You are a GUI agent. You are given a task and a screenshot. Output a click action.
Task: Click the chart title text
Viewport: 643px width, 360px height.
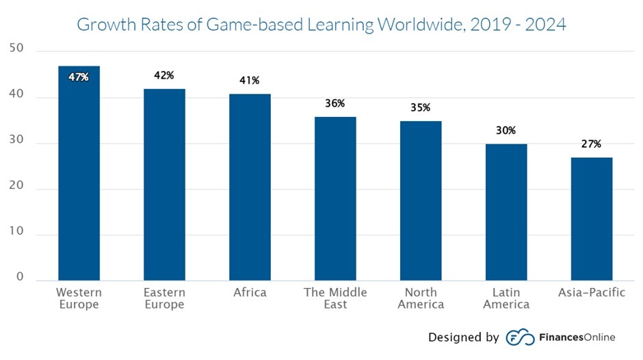pyautogui.click(x=321, y=25)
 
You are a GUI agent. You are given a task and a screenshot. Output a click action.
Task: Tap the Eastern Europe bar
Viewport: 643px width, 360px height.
pyautogui.click(x=164, y=185)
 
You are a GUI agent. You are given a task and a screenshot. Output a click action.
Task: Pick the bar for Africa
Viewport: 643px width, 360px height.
pyautogui.click(x=250, y=188)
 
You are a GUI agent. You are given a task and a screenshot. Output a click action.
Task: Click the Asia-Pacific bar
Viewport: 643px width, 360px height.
pyautogui.click(x=592, y=219)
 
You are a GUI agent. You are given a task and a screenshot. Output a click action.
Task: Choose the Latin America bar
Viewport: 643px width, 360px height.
pyautogui.click(x=506, y=212)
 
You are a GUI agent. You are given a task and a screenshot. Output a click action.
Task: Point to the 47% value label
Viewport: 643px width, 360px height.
pyautogui.click(x=79, y=77)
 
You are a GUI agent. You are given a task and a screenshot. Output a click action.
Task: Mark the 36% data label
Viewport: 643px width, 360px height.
pyautogui.click(x=335, y=104)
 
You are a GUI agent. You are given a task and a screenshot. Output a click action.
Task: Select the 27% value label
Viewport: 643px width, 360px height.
pyautogui.click(x=592, y=144)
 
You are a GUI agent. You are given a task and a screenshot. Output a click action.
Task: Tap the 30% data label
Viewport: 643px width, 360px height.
pyautogui.click(x=506, y=131)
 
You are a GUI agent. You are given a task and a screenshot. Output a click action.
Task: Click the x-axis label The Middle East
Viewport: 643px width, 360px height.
pyautogui.click(x=335, y=298)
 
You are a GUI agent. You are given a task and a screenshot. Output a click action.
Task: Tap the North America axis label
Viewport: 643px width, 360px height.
pyautogui.click(x=421, y=298)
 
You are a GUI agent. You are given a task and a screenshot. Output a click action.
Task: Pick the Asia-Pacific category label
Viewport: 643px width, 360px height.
pyautogui.click(x=592, y=293)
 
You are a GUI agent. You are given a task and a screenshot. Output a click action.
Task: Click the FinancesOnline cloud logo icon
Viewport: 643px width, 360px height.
pyautogui.click(x=520, y=337)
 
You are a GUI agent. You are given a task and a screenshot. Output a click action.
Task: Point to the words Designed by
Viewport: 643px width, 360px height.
pyautogui.click(x=463, y=337)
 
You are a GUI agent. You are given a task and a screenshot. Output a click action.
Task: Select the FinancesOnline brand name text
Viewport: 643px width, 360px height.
pyautogui.click(x=577, y=337)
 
